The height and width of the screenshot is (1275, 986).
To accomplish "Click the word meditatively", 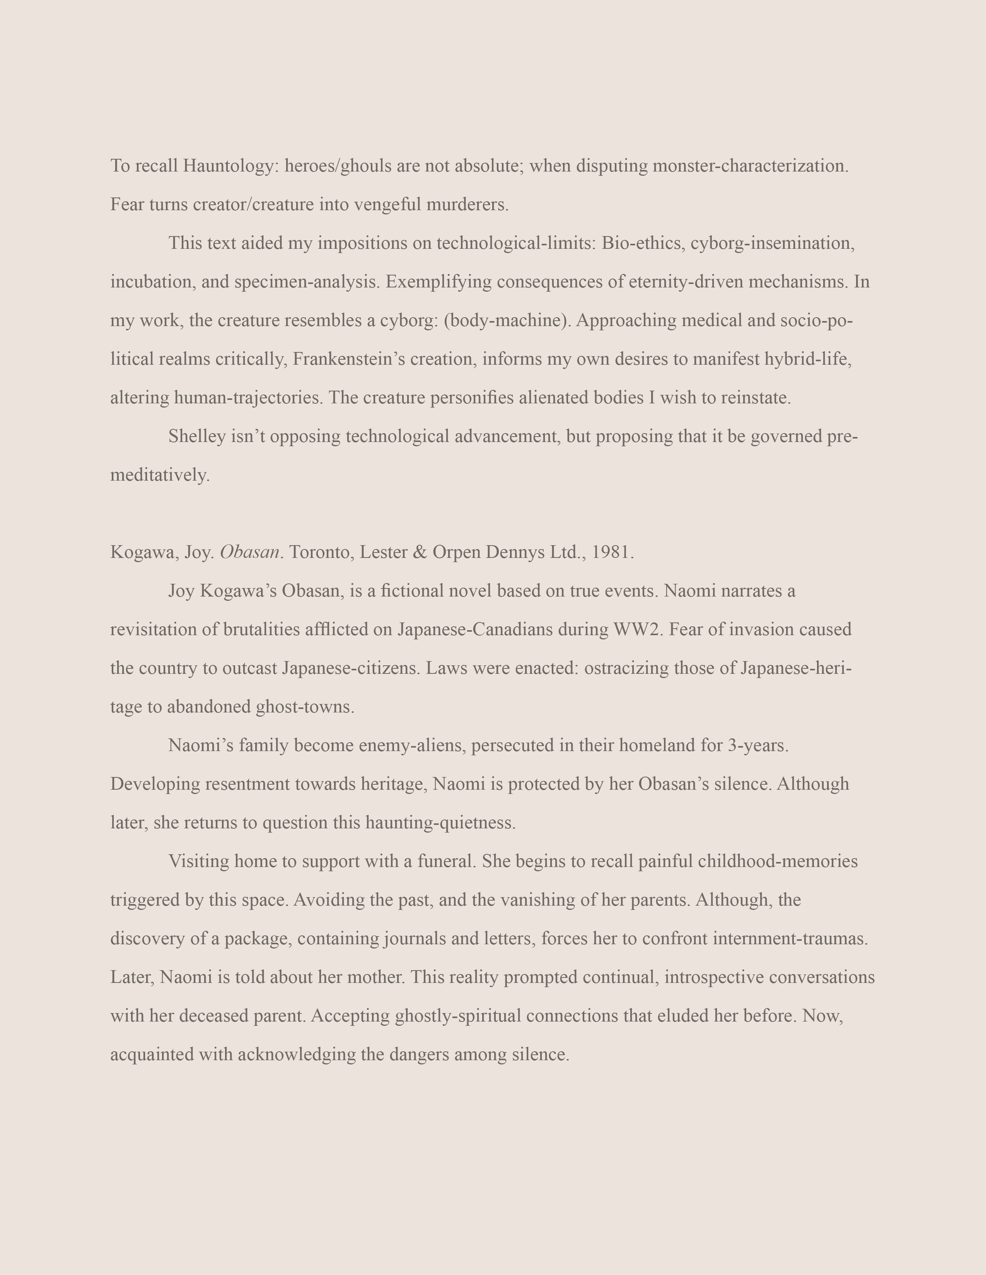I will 159,475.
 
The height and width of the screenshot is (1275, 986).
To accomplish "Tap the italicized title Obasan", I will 249,552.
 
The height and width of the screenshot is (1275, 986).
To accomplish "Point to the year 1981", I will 612,552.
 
